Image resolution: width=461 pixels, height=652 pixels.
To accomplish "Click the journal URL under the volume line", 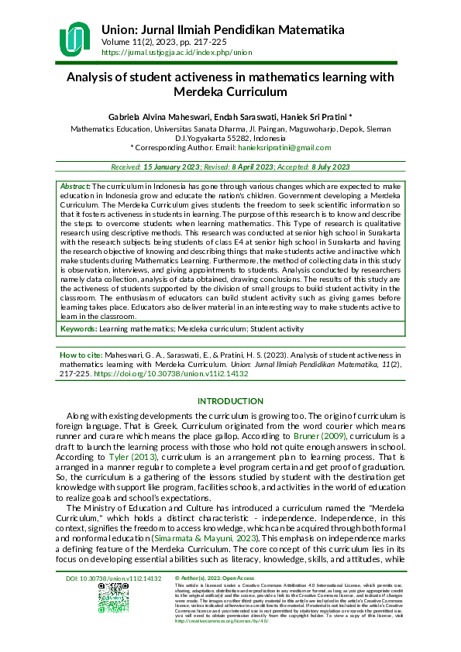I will [x=177, y=52].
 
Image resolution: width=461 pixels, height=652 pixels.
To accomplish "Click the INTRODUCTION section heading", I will [x=230, y=401].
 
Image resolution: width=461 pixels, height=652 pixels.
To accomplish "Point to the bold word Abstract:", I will [x=76, y=187].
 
